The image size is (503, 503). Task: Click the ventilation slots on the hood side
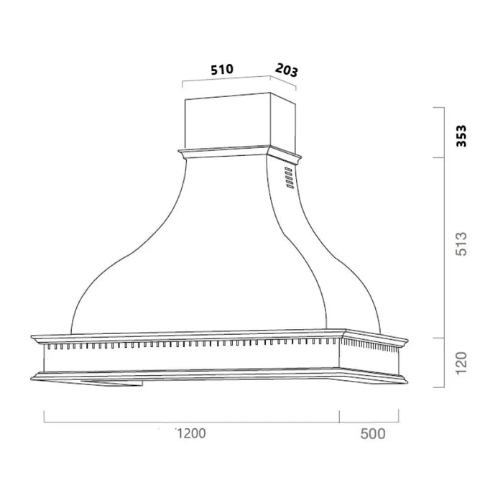(x=288, y=179)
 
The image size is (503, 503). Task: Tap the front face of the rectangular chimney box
(x=227, y=123)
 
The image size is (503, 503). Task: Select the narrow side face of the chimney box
(x=283, y=126)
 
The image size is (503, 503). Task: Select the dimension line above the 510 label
(x=226, y=79)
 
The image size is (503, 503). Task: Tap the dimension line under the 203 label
(x=284, y=83)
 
